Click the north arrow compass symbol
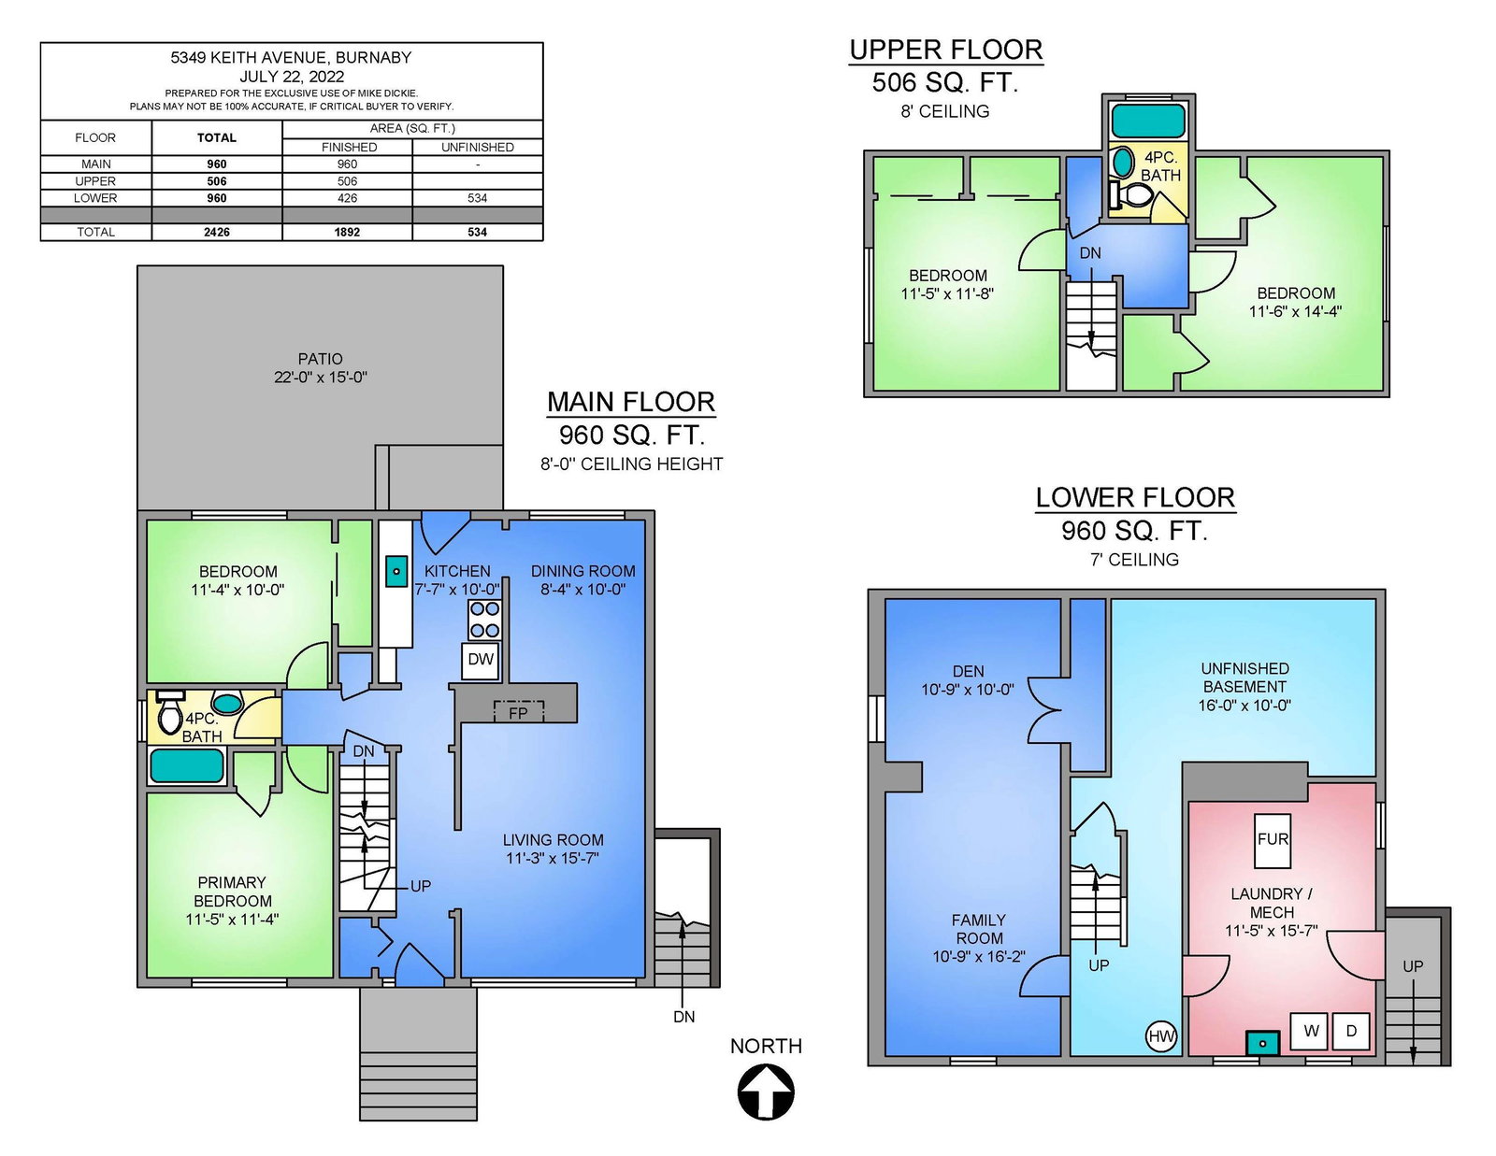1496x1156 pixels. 766,1092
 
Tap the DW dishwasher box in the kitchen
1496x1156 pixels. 481,661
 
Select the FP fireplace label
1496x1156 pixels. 518,714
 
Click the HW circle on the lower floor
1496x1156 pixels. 1160,1037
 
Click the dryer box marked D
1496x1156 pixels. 1351,1032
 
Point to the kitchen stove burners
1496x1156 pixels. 484,620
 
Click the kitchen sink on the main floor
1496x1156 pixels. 396,571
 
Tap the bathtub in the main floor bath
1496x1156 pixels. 187,765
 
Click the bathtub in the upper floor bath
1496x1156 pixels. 1148,121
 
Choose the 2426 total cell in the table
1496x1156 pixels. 217,233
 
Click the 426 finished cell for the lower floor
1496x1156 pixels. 347,198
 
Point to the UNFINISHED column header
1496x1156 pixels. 477,148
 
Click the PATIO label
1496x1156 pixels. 320,359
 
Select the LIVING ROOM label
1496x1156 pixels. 553,840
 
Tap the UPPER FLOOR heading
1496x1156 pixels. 946,50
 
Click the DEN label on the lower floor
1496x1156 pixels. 968,671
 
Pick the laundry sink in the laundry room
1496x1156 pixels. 1262,1043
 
